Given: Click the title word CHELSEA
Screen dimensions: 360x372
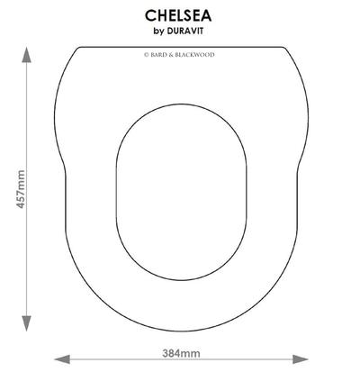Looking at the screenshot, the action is pyautogui.click(x=178, y=15).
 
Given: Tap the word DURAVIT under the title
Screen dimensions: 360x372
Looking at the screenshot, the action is pyautogui.click(x=184, y=31).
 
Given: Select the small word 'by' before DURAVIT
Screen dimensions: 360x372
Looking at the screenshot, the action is pyautogui.click(x=158, y=32).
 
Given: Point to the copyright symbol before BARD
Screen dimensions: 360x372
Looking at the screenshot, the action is pyautogui.click(x=147, y=55).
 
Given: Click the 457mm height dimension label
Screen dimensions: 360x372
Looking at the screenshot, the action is pyautogui.click(x=21, y=189).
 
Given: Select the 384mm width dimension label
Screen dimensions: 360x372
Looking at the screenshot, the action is pyautogui.click(x=181, y=353).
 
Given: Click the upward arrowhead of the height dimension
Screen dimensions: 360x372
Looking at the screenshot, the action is pyautogui.click(x=27, y=54).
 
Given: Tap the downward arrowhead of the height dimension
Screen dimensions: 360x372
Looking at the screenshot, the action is pyautogui.click(x=27, y=323).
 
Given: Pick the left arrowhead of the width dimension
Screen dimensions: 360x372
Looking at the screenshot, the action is pyautogui.click(x=62, y=359).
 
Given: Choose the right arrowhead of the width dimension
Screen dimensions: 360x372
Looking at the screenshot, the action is pyautogui.click(x=300, y=359).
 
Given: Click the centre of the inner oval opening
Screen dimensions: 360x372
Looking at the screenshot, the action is pyautogui.click(x=182, y=192).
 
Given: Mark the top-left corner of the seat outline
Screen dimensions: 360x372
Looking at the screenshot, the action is pyautogui.click(x=78, y=48).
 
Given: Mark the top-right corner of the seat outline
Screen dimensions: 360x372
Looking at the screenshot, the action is pyautogui.click(x=284, y=48).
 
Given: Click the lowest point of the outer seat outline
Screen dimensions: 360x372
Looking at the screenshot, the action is pyautogui.click(x=182, y=331).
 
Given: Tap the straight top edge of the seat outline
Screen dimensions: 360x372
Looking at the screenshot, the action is pyautogui.click(x=182, y=47).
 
